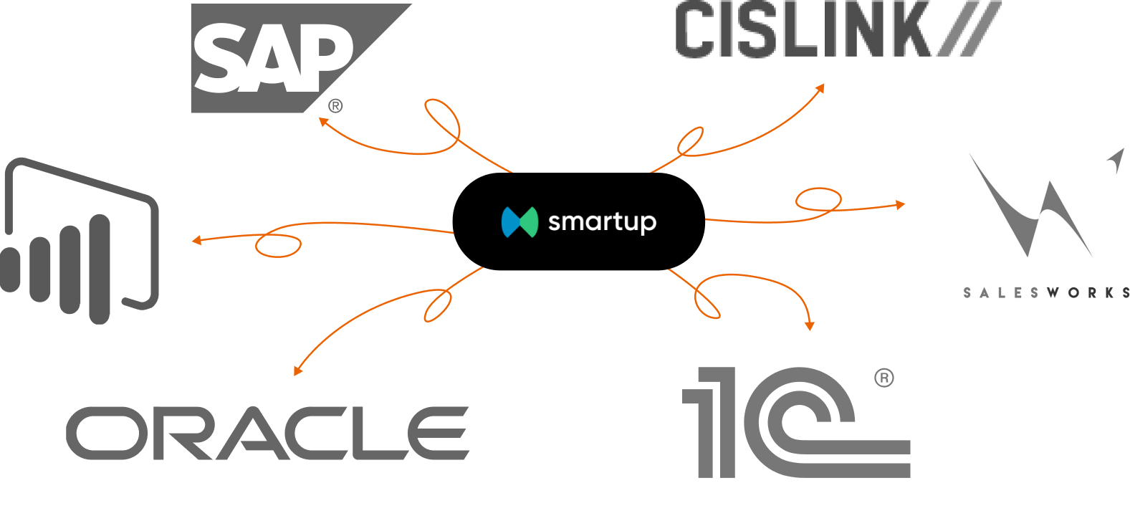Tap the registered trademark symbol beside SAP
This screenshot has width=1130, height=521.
point(335,107)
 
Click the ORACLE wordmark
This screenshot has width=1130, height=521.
point(268,433)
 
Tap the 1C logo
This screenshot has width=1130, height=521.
point(795,423)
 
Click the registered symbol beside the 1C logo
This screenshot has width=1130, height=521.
point(884,378)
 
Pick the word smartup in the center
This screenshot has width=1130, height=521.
point(602,222)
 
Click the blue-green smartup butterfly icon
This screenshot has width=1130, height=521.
point(519,222)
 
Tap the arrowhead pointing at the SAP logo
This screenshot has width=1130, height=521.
point(323,123)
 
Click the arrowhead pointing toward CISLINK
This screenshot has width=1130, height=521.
point(820,88)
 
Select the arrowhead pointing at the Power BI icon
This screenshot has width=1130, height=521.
point(196,240)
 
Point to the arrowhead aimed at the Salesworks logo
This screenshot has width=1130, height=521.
point(901,205)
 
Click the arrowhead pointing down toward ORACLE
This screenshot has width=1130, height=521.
point(297,371)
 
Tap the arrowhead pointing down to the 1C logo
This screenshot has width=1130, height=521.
point(810,326)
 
